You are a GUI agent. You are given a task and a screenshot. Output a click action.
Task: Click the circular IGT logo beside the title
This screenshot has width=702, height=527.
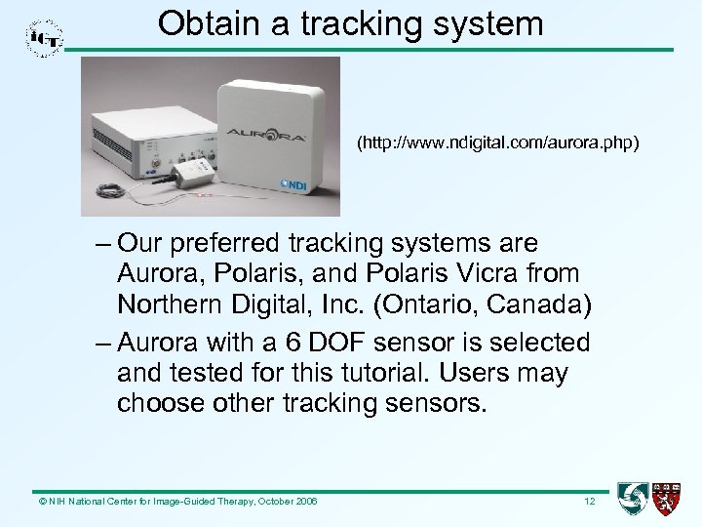(45, 38)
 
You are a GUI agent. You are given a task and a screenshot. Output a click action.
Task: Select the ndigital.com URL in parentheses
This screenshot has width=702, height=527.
(498, 144)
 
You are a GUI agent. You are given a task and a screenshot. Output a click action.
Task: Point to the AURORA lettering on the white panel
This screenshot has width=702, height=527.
(266, 134)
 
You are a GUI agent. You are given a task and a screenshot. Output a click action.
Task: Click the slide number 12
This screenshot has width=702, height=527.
(589, 501)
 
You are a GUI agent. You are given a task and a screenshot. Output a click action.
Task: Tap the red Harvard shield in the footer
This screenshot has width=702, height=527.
(667, 498)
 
